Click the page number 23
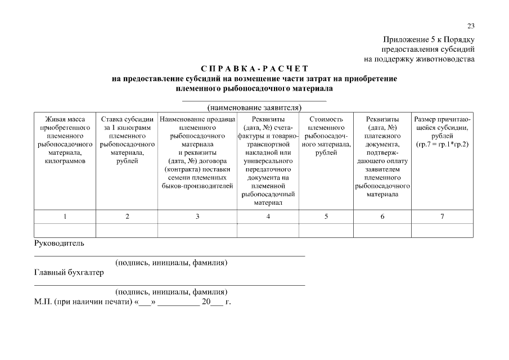coord(471,26)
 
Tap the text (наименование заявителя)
coord(254,107)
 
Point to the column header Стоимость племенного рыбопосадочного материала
coord(326,136)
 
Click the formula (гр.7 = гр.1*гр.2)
coord(442,145)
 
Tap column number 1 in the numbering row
coord(65,217)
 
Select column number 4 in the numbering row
coord(268,217)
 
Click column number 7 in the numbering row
coord(442,217)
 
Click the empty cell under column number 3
coord(197,230)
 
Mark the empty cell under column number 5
coord(326,230)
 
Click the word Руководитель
coord(59,244)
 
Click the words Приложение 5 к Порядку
coord(429,39)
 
